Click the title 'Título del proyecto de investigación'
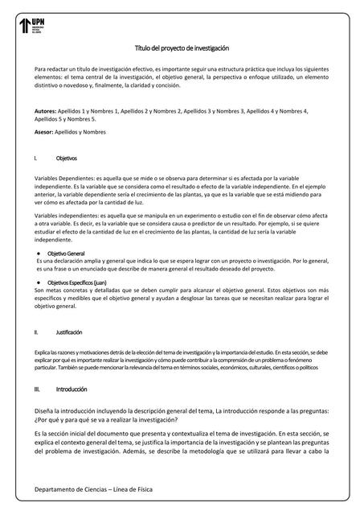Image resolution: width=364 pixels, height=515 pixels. click(181, 48)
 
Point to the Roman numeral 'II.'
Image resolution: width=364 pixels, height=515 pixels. click(37, 332)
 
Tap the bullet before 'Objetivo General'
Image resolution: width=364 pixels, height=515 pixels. click(41, 253)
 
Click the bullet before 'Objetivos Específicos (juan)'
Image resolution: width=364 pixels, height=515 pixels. click(41, 283)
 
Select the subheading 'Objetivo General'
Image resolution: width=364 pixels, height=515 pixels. click(67, 253)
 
